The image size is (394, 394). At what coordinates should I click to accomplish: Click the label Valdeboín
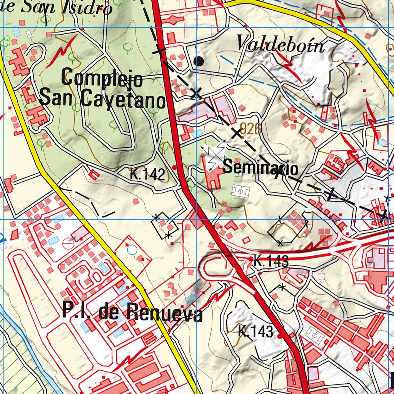pos(280,45)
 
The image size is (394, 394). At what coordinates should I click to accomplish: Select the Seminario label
pos(260,168)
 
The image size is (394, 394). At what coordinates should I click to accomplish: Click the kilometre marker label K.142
pos(147,174)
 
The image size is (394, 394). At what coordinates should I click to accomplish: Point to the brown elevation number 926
pos(250,129)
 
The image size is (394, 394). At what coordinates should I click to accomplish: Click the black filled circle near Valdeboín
pos(199,60)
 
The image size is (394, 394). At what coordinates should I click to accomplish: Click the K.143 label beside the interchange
pos(271,262)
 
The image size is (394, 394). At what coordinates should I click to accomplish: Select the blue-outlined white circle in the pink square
pos(132,250)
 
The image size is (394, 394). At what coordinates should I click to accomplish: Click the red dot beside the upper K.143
pos(251,259)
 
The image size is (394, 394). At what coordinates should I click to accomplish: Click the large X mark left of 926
pos(237,134)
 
